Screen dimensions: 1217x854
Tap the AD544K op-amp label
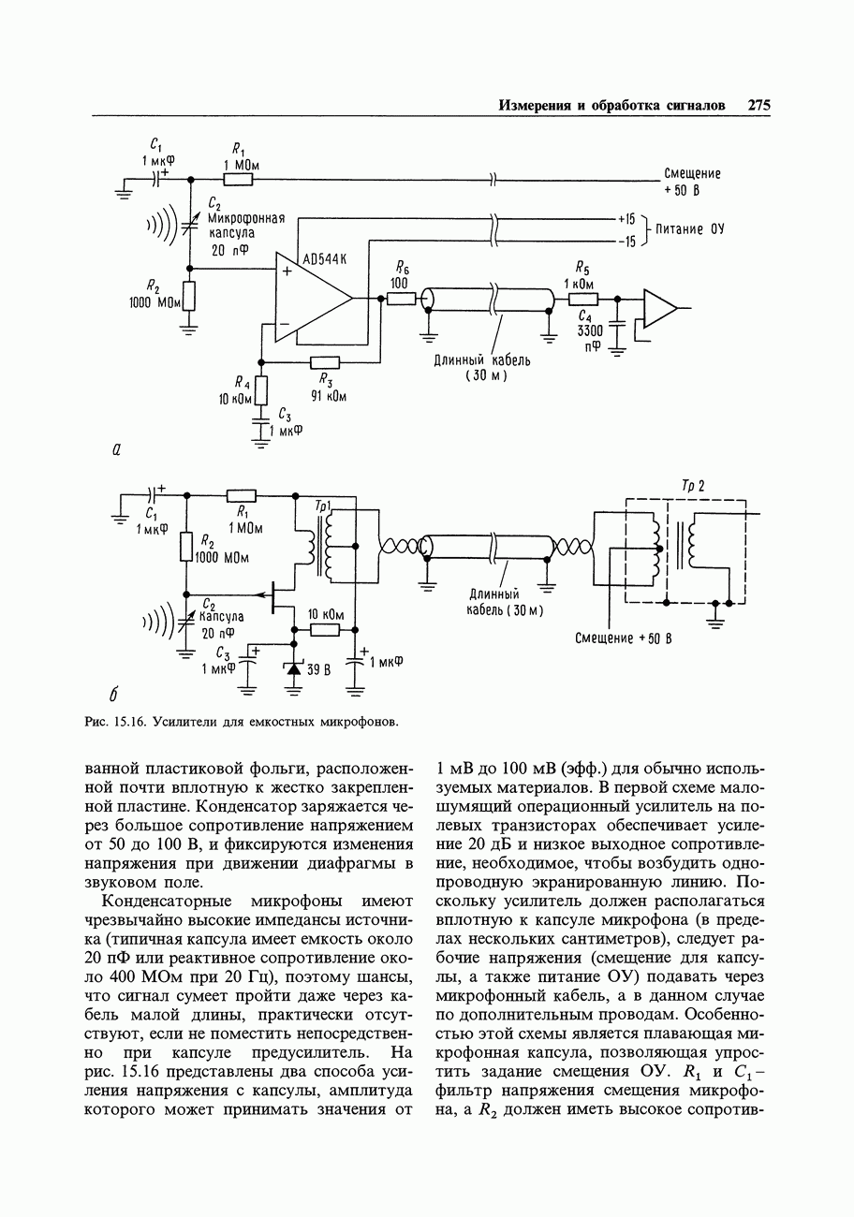pyautogui.click(x=324, y=258)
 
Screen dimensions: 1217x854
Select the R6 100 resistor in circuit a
pyautogui.click(x=401, y=298)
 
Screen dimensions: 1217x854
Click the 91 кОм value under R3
pyautogui.click(x=329, y=395)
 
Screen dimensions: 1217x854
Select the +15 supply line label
pyautogui.click(x=626, y=218)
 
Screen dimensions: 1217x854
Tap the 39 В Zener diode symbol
pyautogui.click(x=295, y=669)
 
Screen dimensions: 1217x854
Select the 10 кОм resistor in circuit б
pyautogui.click(x=324, y=631)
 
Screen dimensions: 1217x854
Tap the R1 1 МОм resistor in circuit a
pyautogui.click(x=239, y=178)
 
